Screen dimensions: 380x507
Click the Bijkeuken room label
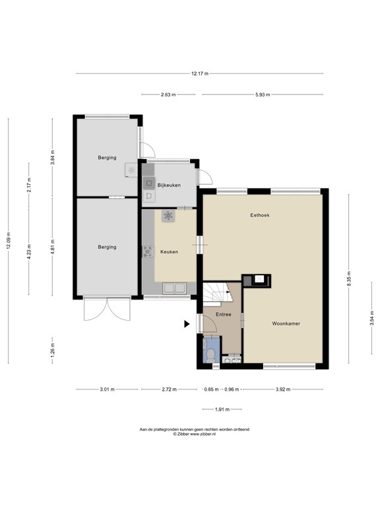click(169, 186)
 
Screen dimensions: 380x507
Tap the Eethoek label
click(260, 215)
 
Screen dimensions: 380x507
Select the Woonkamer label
click(286, 323)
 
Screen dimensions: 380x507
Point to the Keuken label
click(169, 252)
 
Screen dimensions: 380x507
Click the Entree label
click(223, 314)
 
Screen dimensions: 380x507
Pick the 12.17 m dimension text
click(200, 74)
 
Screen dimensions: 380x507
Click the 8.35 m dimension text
click(348, 279)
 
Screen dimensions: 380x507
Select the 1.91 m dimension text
click(222, 410)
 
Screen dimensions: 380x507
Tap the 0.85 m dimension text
click(211, 389)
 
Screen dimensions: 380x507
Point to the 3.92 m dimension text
click(283, 389)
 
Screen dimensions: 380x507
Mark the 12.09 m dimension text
click(9, 240)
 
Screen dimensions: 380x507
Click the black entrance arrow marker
click(187, 324)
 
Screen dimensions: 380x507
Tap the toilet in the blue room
click(211, 355)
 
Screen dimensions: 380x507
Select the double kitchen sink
click(175, 288)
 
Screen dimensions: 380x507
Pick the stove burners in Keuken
click(148, 252)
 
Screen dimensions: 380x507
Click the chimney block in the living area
click(256, 281)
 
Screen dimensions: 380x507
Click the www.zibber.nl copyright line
click(195, 434)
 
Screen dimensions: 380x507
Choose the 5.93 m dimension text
click(263, 95)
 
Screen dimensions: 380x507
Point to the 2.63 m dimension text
click(168, 95)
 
